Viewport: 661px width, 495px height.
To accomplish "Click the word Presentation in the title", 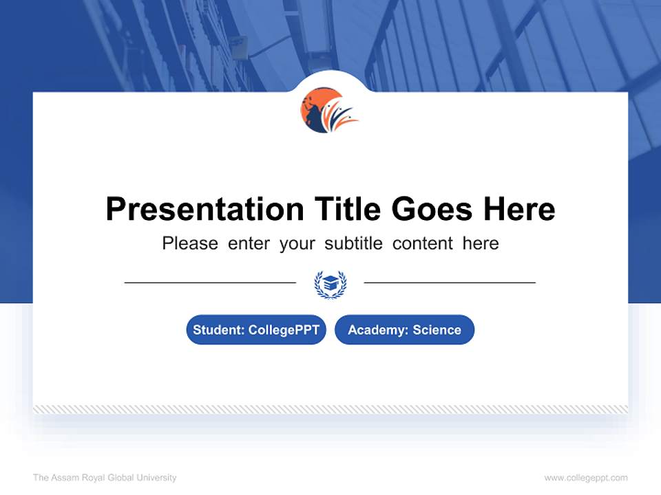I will [204, 210].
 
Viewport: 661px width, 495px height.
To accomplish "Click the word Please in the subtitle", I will [190, 243].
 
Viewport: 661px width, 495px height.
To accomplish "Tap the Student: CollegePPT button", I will [256, 330].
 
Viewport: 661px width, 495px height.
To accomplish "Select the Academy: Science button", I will [404, 330].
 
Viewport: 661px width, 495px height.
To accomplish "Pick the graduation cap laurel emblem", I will [330, 284].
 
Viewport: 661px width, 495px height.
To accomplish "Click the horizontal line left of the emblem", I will [210, 282].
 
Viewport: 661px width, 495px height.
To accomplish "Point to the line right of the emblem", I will [450, 282].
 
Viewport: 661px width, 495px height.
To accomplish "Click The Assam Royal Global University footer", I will [105, 478].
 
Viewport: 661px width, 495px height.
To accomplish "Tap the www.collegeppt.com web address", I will [586, 478].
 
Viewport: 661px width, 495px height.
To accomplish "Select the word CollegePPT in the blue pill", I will [284, 330].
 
